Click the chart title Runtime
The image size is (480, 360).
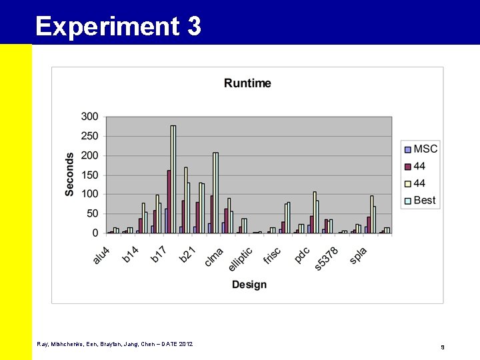[247, 83]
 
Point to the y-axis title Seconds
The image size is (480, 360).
[70, 174]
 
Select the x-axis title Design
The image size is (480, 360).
[249, 285]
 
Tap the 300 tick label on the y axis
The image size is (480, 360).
[89, 117]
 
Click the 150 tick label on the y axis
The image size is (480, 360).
[89, 175]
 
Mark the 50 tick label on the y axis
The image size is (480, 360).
[92, 213]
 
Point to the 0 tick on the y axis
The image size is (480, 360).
[95, 233]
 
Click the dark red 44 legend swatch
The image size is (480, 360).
[407, 166]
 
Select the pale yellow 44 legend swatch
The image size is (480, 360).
[407, 183]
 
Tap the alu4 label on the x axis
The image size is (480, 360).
[101, 255]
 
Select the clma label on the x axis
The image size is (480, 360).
[214, 257]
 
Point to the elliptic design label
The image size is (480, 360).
[240, 259]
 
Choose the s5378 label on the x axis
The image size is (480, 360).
[326, 259]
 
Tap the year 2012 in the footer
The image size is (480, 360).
[185, 344]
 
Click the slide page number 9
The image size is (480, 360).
[442, 347]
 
